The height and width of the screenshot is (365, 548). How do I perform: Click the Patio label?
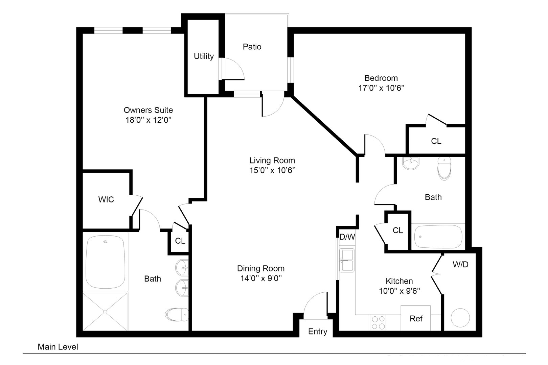[x=252, y=47]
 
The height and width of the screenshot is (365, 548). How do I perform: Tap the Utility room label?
[x=204, y=56]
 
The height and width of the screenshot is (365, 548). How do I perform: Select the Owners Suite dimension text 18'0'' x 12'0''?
[x=148, y=120]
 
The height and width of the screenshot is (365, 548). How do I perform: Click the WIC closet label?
[x=106, y=200]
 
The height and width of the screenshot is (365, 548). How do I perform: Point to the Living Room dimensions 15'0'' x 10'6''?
[x=272, y=170]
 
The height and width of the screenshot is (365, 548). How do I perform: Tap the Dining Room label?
[x=260, y=268]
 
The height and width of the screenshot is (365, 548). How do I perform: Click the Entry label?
[x=317, y=332]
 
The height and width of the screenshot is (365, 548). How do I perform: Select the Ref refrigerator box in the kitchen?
[x=416, y=318]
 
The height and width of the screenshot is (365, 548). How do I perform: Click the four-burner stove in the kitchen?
[x=378, y=322]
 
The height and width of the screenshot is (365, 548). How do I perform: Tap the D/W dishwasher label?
[x=347, y=237]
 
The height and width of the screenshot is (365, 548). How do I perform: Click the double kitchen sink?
[x=347, y=260]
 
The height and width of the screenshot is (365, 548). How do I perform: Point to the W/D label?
[x=460, y=264]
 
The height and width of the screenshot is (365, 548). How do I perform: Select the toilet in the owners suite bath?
[x=177, y=314]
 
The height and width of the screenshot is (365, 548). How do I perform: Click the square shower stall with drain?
[x=105, y=312]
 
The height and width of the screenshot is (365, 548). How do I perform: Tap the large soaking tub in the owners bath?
[x=106, y=262]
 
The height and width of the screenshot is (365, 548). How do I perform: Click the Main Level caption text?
[x=58, y=347]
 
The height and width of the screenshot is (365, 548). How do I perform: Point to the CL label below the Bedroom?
[x=436, y=141]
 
